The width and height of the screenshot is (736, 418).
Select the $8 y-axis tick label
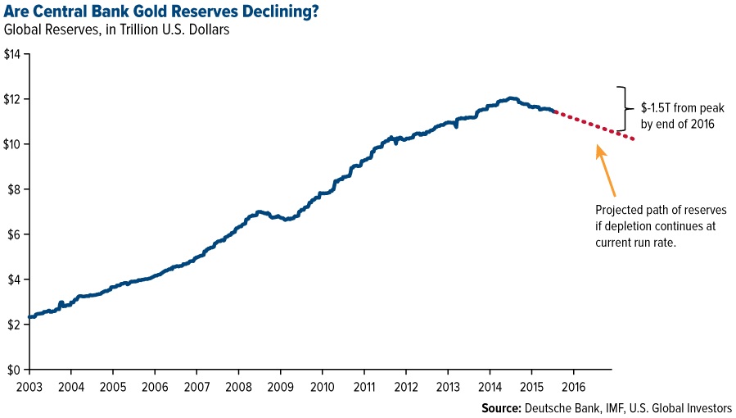(15, 189)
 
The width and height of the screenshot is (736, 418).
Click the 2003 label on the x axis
(28, 385)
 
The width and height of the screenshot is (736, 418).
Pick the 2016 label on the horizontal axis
(573, 385)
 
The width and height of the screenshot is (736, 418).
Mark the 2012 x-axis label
(406, 385)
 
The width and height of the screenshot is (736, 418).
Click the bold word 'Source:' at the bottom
(502, 407)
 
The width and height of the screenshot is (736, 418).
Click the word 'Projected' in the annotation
(620, 211)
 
